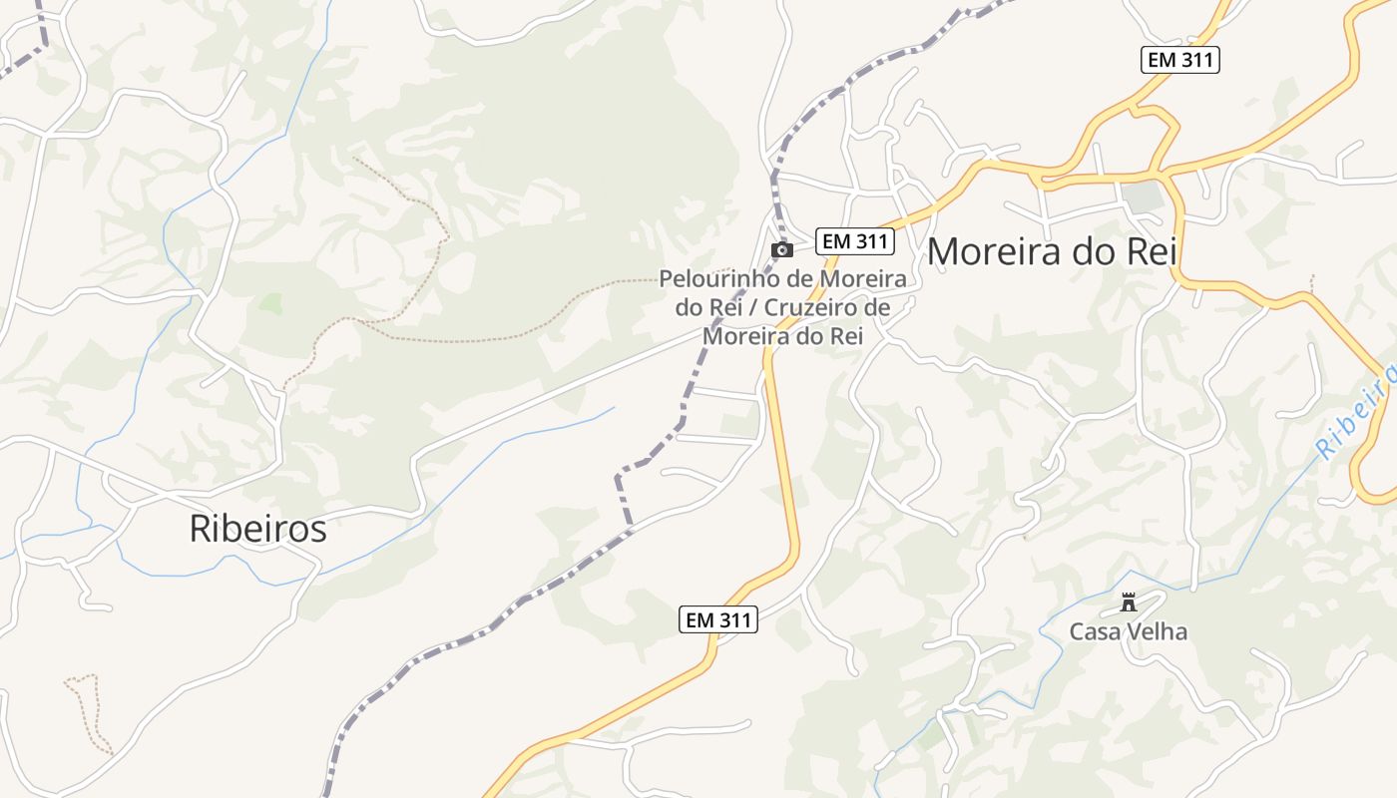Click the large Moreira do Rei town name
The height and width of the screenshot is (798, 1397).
click(x=1052, y=251)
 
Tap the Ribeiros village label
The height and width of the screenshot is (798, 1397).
click(x=257, y=529)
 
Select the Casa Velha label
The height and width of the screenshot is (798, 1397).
click(x=1129, y=631)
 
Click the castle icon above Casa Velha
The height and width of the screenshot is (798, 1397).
click(x=1129, y=602)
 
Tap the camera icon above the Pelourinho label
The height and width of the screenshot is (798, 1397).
click(x=782, y=249)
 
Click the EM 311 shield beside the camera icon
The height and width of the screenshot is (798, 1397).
click(x=855, y=241)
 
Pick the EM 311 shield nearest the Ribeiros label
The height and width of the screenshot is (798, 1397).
click(x=718, y=619)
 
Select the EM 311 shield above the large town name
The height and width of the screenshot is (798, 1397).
click(x=1180, y=59)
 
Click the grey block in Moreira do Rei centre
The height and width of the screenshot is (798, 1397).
click(x=1142, y=197)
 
